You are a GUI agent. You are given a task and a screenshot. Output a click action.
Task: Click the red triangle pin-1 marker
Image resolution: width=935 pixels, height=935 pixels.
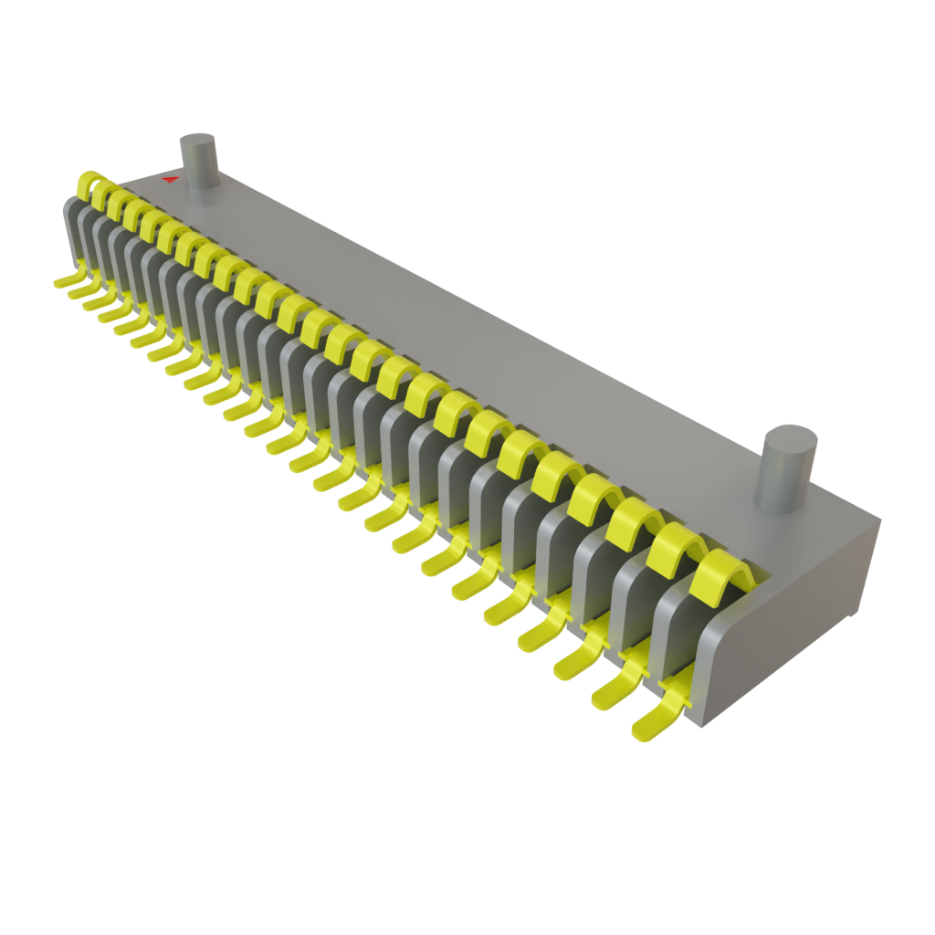169,180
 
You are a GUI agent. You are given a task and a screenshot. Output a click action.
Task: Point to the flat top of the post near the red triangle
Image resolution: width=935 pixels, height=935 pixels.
197,142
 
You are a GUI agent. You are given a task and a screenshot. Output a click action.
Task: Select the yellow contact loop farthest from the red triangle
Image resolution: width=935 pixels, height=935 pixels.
720,574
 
